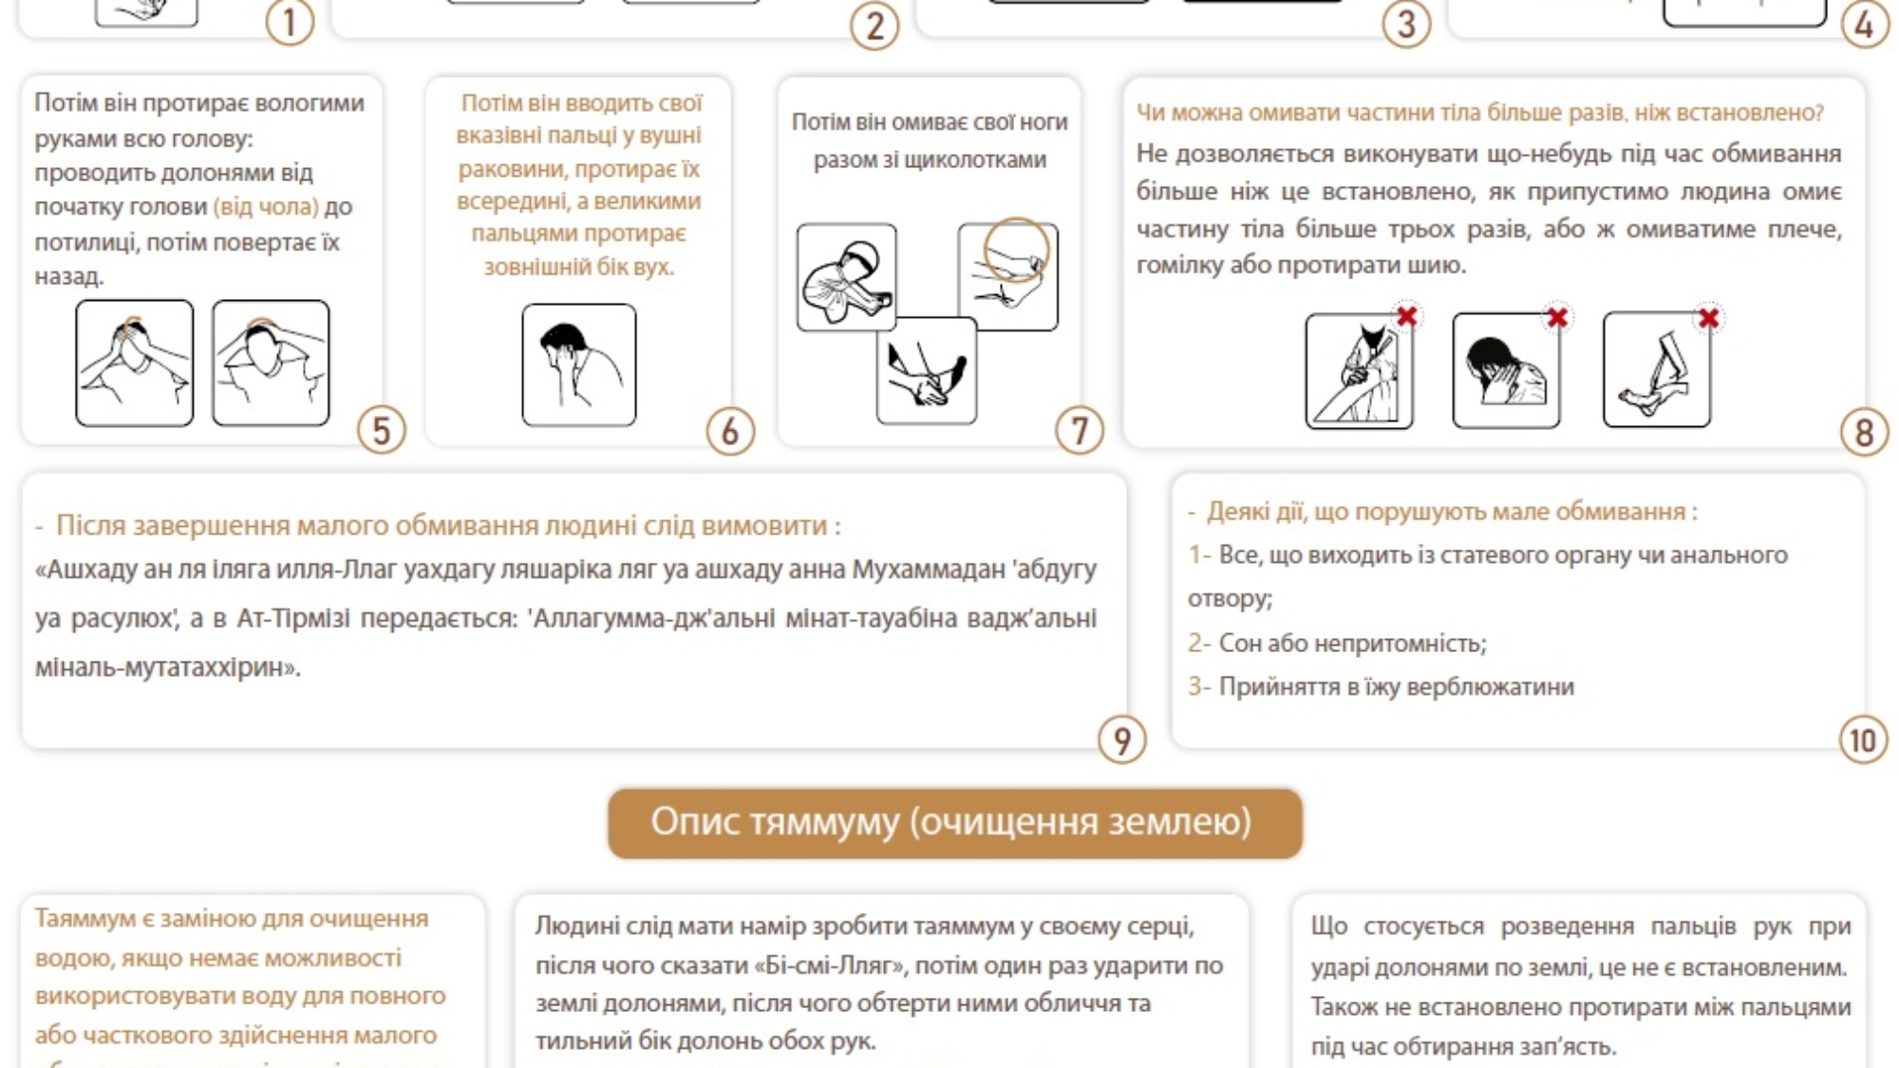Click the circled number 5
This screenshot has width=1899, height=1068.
382,430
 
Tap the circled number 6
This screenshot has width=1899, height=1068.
730,431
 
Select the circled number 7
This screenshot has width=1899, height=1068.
1080,431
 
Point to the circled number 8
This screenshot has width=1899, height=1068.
1863,433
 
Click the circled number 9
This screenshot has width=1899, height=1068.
1122,740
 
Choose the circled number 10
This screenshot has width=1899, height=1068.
1863,740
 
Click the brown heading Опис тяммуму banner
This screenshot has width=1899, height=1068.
954,822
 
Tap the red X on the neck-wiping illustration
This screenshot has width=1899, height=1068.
1557,317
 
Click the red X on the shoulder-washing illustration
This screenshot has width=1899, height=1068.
1407,316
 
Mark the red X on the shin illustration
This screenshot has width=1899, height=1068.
1708,318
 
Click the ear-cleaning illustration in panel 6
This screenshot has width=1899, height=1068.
579,365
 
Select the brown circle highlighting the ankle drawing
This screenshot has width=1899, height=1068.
1016,250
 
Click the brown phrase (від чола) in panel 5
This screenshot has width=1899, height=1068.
266,207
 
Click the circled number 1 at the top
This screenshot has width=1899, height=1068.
290,23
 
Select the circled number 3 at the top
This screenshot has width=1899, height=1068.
1406,24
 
